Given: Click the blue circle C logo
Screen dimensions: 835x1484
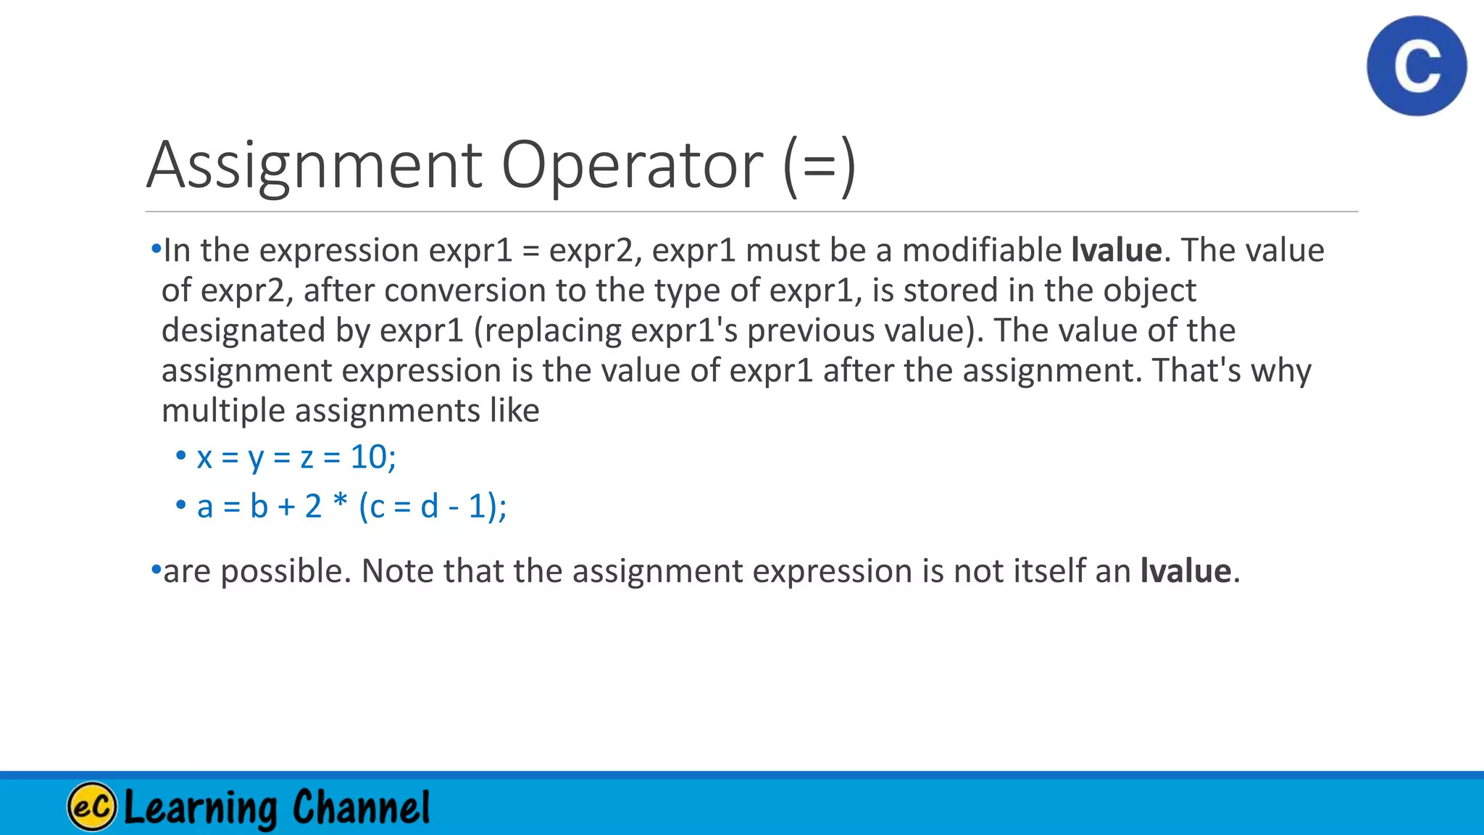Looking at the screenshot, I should tap(1417, 66).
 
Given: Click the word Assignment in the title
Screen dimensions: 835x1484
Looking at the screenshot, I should tap(314, 165).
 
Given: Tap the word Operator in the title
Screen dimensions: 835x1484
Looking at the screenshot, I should tap(632, 165).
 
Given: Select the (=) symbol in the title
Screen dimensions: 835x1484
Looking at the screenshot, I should tap(820, 167).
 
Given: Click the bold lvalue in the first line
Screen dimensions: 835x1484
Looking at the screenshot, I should tap(1117, 250).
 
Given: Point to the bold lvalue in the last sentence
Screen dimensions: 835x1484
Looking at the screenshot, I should tap(1185, 571).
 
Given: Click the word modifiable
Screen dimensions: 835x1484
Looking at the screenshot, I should tap(982, 250).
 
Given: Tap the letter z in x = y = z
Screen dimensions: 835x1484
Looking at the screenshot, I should tap(307, 459).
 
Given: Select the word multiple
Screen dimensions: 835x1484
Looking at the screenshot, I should tap(222, 411).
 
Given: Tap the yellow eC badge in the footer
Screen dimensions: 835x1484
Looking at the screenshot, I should tap(92, 806).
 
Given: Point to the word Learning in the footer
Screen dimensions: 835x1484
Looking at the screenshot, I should tap(201, 807).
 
